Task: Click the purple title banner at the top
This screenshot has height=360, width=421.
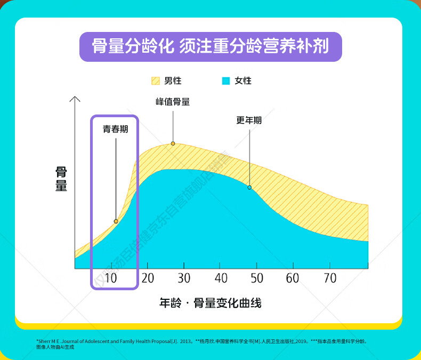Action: click(x=210, y=46)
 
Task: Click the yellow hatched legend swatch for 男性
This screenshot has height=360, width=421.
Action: click(x=156, y=81)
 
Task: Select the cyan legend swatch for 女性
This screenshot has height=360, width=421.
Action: click(x=226, y=81)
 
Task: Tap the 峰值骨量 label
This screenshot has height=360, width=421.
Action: click(x=173, y=102)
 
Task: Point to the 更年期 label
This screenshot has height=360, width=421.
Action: click(x=249, y=120)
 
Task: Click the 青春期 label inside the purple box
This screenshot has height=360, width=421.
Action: click(x=116, y=129)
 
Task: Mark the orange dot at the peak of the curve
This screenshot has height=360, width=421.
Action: click(x=173, y=143)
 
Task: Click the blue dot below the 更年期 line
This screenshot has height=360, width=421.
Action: click(x=249, y=187)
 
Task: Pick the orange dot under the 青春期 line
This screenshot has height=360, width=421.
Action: click(x=116, y=221)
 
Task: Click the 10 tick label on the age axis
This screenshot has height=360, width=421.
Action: click(x=111, y=278)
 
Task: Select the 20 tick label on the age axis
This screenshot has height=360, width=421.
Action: click(x=148, y=278)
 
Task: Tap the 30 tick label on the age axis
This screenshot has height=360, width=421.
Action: click(x=184, y=278)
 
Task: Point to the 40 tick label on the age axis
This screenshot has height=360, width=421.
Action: click(x=221, y=278)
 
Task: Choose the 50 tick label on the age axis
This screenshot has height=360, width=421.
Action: click(x=257, y=278)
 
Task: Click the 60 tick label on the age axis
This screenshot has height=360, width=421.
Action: click(x=293, y=278)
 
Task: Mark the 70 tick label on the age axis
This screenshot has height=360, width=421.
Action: click(x=330, y=278)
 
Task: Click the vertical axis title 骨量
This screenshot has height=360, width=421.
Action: click(x=61, y=179)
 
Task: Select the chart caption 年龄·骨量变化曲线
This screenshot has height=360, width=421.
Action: click(x=210, y=304)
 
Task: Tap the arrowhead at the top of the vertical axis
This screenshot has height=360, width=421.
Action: click(x=75, y=99)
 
